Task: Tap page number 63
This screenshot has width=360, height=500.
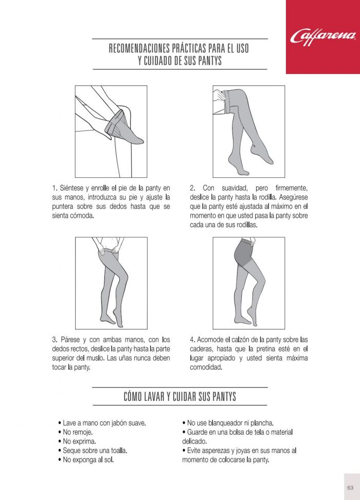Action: point(350,488)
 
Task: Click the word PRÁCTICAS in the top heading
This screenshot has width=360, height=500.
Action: point(190,48)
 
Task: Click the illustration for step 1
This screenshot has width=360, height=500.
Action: point(111,132)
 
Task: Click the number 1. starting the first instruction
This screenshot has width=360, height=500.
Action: point(55,188)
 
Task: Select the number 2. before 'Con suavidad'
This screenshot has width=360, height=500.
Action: point(192,188)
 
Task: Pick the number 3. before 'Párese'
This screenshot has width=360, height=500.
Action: point(55,340)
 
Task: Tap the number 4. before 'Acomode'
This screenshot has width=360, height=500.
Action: point(192,340)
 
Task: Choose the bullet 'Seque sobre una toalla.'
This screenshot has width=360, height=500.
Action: point(93,451)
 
